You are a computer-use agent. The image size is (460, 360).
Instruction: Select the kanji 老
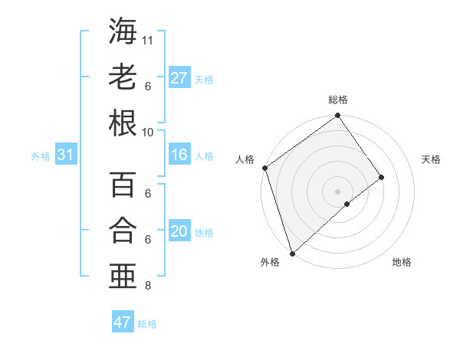coord(122,77)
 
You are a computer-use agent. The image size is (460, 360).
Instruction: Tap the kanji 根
coord(122,123)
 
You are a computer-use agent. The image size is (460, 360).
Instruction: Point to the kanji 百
coord(122,185)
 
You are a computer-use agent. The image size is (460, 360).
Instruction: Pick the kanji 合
coord(122,231)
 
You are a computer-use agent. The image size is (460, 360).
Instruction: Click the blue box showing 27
coord(179,78)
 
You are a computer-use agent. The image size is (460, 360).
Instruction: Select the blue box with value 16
coord(179,155)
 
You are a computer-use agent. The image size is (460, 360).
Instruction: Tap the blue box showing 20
coord(179,232)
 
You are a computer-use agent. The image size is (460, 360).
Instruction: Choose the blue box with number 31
coord(65,155)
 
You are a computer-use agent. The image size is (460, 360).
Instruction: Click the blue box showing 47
coord(123,322)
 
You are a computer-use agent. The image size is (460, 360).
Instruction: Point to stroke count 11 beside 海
coord(148,39)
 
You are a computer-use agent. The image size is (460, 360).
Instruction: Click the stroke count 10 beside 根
coord(148,132)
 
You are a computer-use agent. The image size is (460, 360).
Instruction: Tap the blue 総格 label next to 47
coord(147,324)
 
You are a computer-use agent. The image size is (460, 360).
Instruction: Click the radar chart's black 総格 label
coord(337,100)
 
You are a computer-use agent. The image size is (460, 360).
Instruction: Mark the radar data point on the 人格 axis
coord(264,168)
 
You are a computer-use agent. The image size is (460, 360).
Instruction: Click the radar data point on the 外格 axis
coord(292,252)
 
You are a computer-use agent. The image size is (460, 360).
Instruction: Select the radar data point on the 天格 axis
coord(382,177)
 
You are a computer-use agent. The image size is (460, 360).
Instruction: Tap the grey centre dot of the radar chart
coord(337,191)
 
